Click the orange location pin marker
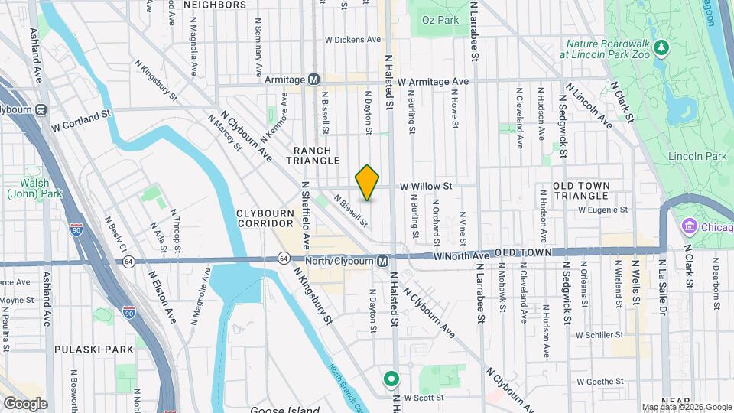click(367, 183)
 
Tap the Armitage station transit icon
click(313, 80)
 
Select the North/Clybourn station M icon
click(382, 262)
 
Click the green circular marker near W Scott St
click(391, 378)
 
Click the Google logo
click(25, 403)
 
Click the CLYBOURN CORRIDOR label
click(265, 217)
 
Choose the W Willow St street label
click(427, 186)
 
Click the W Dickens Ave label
click(352, 39)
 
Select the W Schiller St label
click(601, 335)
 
